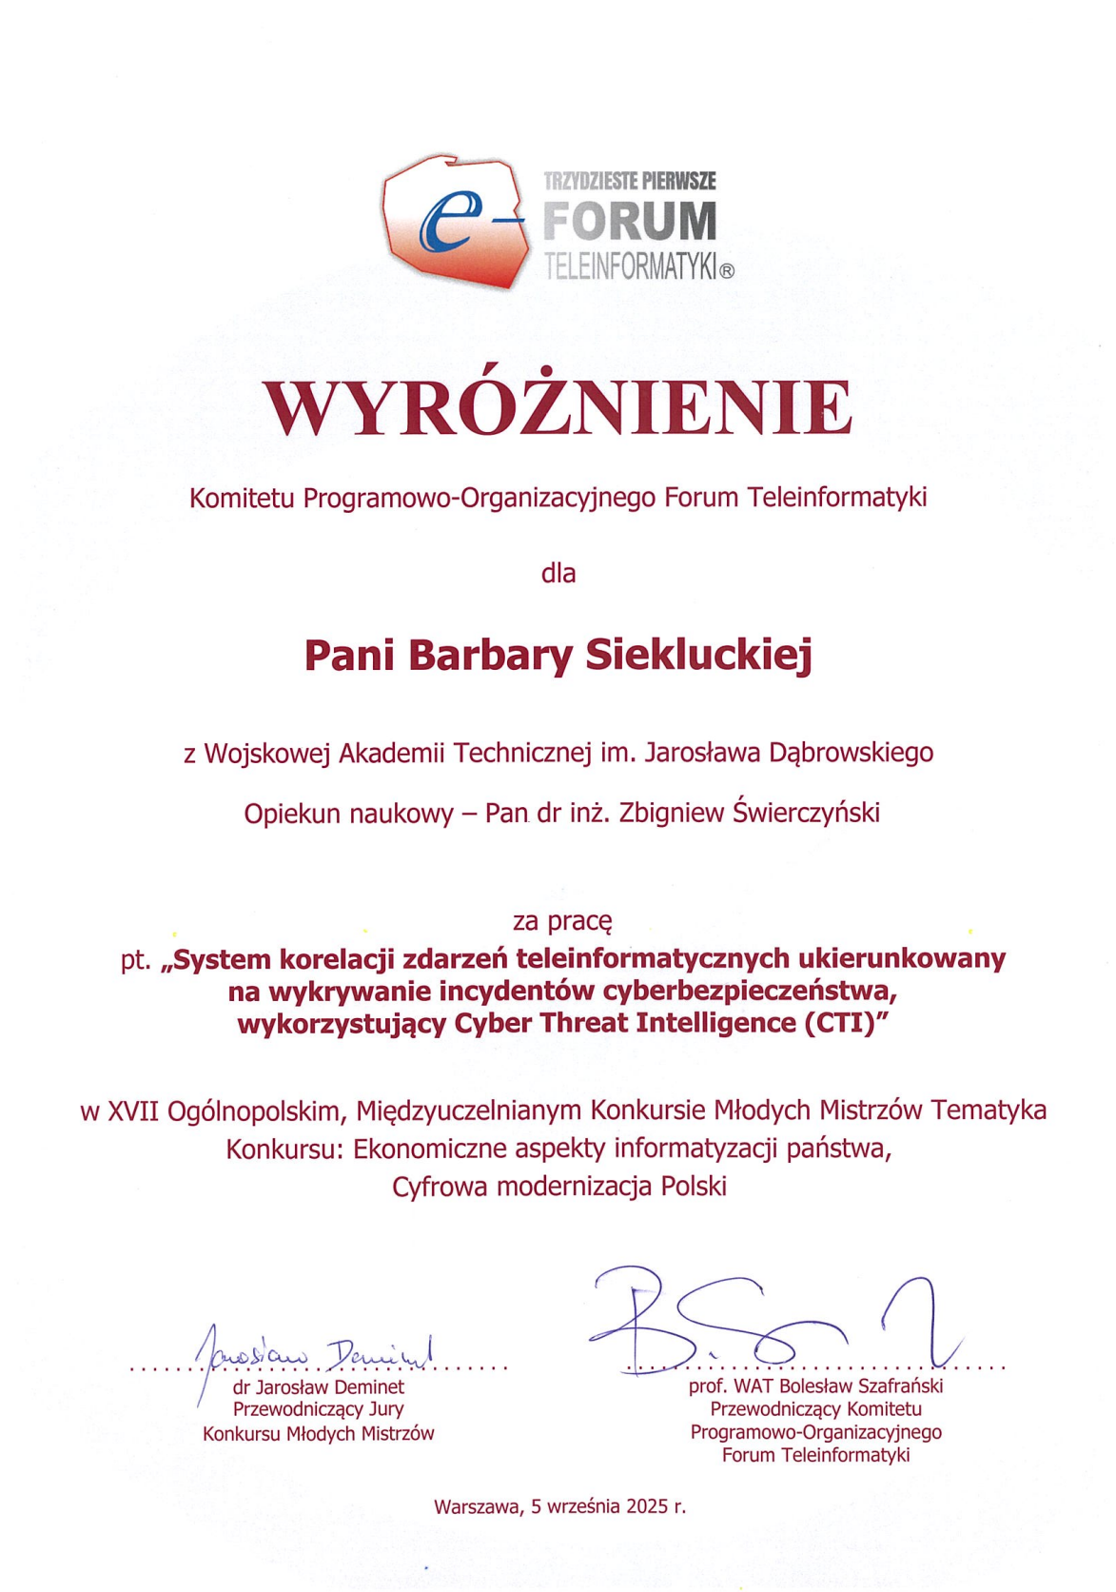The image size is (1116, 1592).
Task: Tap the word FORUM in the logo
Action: coord(630,222)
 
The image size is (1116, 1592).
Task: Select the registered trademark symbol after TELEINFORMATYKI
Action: coord(727,270)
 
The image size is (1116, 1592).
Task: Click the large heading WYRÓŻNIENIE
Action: coord(558,408)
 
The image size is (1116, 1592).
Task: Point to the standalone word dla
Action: coord(558,573)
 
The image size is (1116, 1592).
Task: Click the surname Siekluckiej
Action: coord(698,656)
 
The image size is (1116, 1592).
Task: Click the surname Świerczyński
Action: coord(806,813)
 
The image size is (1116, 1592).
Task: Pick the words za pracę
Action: coord(561,921)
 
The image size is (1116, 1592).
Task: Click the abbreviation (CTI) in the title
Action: coord(838,1023)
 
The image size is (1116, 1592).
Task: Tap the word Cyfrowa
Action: coord(441,1187)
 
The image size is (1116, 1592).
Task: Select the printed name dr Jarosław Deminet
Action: coord(319,1387)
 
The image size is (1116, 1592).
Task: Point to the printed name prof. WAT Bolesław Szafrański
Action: coord(815,1386)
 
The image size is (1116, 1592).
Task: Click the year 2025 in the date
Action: coord(647,1506)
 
